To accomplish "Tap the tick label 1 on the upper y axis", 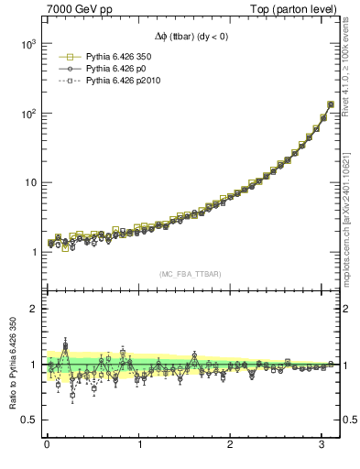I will coord(32,252).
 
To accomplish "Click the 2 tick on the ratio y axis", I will coord(32,309).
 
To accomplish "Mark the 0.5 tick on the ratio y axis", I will coord(27,420).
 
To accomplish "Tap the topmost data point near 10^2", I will coord(330,104).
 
